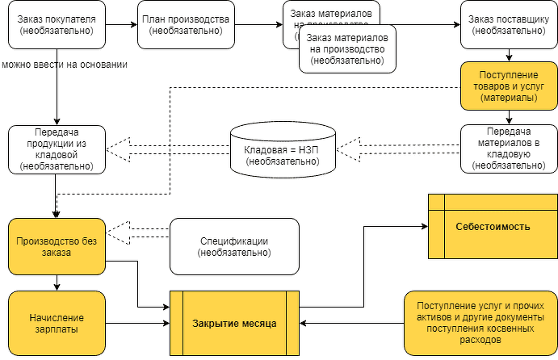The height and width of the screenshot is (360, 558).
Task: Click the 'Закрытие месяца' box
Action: click(234, 323)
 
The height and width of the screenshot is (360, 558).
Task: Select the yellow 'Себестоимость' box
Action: click(492, 227)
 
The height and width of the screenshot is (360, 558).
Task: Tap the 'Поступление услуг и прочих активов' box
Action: click(480, 323)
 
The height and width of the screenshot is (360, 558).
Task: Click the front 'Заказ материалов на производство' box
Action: click(346, 48)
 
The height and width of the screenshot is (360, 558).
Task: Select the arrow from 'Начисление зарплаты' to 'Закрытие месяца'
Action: click(138, 323)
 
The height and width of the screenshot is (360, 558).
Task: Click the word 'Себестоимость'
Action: click(492, 227)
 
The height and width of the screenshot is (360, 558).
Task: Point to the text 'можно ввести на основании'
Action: click(63, 64)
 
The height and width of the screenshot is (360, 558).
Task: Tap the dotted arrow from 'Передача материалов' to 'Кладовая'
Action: click(400, 148)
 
